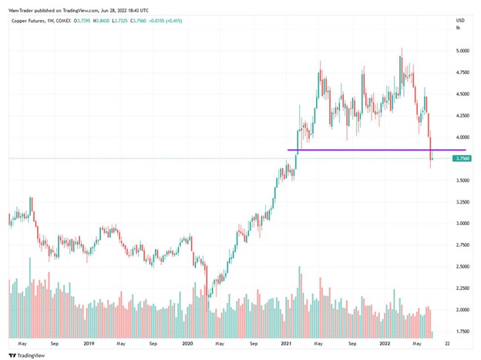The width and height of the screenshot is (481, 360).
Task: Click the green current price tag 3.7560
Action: [x=462, y=159]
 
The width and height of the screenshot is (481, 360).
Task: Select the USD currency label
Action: [x=461, y=19]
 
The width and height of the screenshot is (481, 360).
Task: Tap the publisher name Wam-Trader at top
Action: [x=22, y=6]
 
